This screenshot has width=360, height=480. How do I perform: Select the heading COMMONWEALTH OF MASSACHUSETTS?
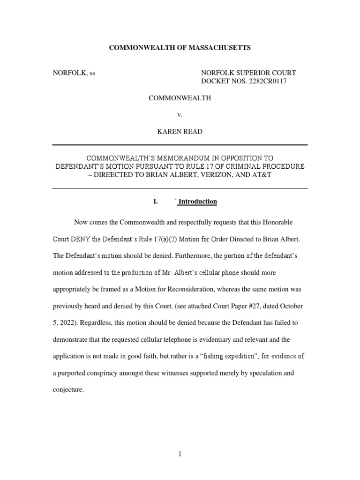pyautogui.click(x=180, y=47)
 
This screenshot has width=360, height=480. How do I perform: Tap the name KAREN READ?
pyautogui.click(x=180, y=132)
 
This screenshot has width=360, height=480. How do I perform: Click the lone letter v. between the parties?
pyautogui.click(x=180, y=115)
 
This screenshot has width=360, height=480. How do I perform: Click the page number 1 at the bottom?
pyautogui.click(x=180, y=454)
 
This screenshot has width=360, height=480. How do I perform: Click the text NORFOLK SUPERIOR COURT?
pyautogui.click(x=248, y=73)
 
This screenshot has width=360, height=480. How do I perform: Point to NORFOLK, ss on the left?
pyautogui.click(x=74, y=73)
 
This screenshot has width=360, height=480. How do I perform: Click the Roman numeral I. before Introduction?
pyautogui.click(x=156, y=202)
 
